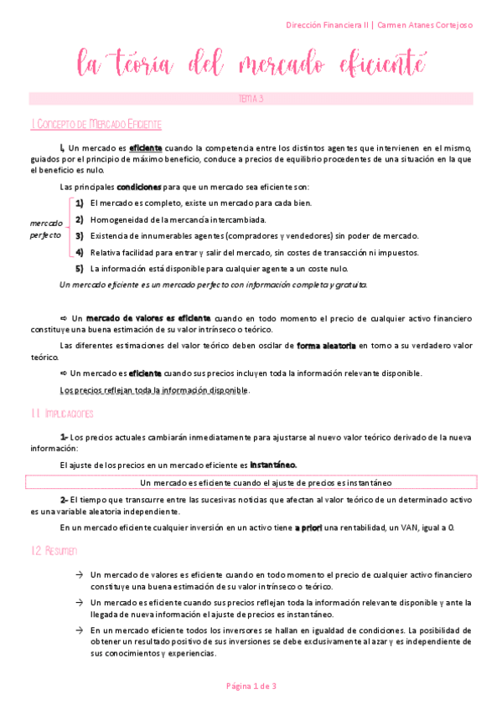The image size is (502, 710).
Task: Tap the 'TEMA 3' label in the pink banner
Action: point(251,99)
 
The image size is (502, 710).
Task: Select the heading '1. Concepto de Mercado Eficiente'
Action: point(96,124)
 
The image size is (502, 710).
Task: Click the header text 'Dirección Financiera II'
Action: point(321,25)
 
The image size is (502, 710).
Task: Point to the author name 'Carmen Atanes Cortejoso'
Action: point(425,25)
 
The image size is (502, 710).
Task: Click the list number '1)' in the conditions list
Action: point(79,203)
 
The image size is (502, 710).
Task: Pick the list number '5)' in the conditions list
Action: point(79,269)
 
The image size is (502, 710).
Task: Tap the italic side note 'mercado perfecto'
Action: point(46,229)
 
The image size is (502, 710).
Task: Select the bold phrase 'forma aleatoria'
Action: point(327,345)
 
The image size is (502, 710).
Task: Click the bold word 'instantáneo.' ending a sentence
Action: point(273,465)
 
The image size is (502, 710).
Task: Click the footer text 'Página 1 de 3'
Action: point(251,686)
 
